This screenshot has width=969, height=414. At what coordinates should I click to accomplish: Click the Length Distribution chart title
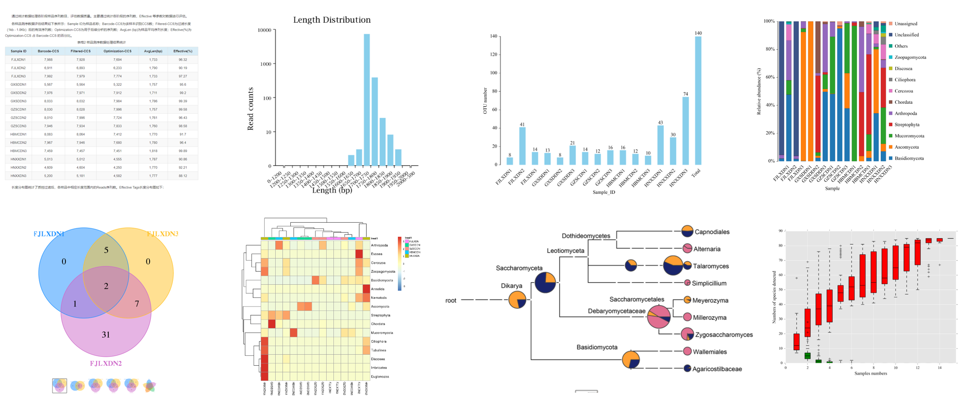[x=332, y=20]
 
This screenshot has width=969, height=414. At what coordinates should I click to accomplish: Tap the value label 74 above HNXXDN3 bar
[x=685, y=94]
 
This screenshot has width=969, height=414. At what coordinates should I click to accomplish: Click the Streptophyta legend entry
[x=906, y=125]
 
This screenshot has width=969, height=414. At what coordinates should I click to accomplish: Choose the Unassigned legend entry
[x=906, y=24]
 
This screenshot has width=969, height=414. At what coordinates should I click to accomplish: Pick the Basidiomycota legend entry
[x=909, y=158]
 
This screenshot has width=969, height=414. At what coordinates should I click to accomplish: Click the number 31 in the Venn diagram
[x=106, y=334]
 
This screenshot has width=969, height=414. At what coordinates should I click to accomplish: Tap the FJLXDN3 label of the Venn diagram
[x=162, y=234]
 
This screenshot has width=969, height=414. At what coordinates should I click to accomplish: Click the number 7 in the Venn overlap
[x=137, y=304]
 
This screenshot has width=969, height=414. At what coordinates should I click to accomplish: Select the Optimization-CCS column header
[x=117, y=51]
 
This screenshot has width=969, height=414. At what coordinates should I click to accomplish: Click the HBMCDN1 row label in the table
[x=18, y=134]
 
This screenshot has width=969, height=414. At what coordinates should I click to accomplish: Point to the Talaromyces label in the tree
[x=710, y=266]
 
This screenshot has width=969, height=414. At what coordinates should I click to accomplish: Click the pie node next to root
[x=517, y=300]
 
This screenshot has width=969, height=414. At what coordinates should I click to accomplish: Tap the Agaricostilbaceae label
[x=717, y=369]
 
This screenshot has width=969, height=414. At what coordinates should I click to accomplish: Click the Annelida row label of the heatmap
[x=377, y=289]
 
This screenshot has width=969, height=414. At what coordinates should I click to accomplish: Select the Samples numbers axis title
[x=870, y=373]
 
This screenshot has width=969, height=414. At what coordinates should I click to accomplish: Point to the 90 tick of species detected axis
[x=781, y=231]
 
